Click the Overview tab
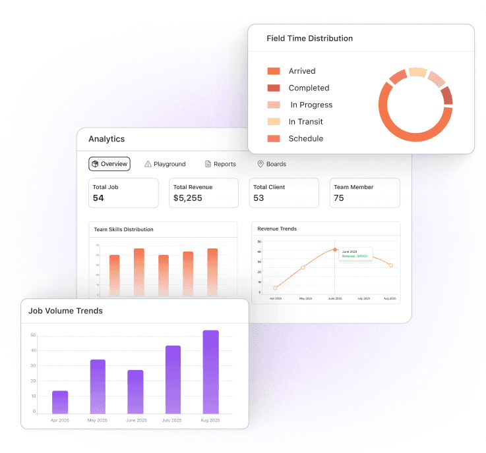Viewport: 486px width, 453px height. click(109, 164)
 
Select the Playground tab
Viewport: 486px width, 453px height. click(165, 164)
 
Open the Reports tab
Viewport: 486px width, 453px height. click(220, 164)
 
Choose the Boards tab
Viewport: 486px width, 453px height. click(272, 164)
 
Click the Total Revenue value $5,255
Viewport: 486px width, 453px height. click(188, 198)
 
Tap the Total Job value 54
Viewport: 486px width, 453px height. click(98, 198)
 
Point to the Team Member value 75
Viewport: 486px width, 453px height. click(339, 198)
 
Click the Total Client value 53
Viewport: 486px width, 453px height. click(258, 198)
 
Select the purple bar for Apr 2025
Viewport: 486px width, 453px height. click(60, 402)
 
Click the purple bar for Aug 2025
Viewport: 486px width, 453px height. click(210, 372)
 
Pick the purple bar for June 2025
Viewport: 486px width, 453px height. click(135, 392)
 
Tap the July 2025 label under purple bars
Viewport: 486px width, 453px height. click(173, 419)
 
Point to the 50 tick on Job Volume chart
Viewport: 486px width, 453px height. click(33, 335)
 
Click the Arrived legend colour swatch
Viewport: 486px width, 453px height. click(274, 71)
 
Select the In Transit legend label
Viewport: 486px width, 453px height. click(306, 122)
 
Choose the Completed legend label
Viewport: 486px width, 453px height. click(309, 88)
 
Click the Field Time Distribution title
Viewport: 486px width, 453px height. click(309, 38)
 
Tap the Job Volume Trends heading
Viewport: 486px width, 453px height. click(65, 311)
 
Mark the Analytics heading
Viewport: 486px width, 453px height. click(106, 139)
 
